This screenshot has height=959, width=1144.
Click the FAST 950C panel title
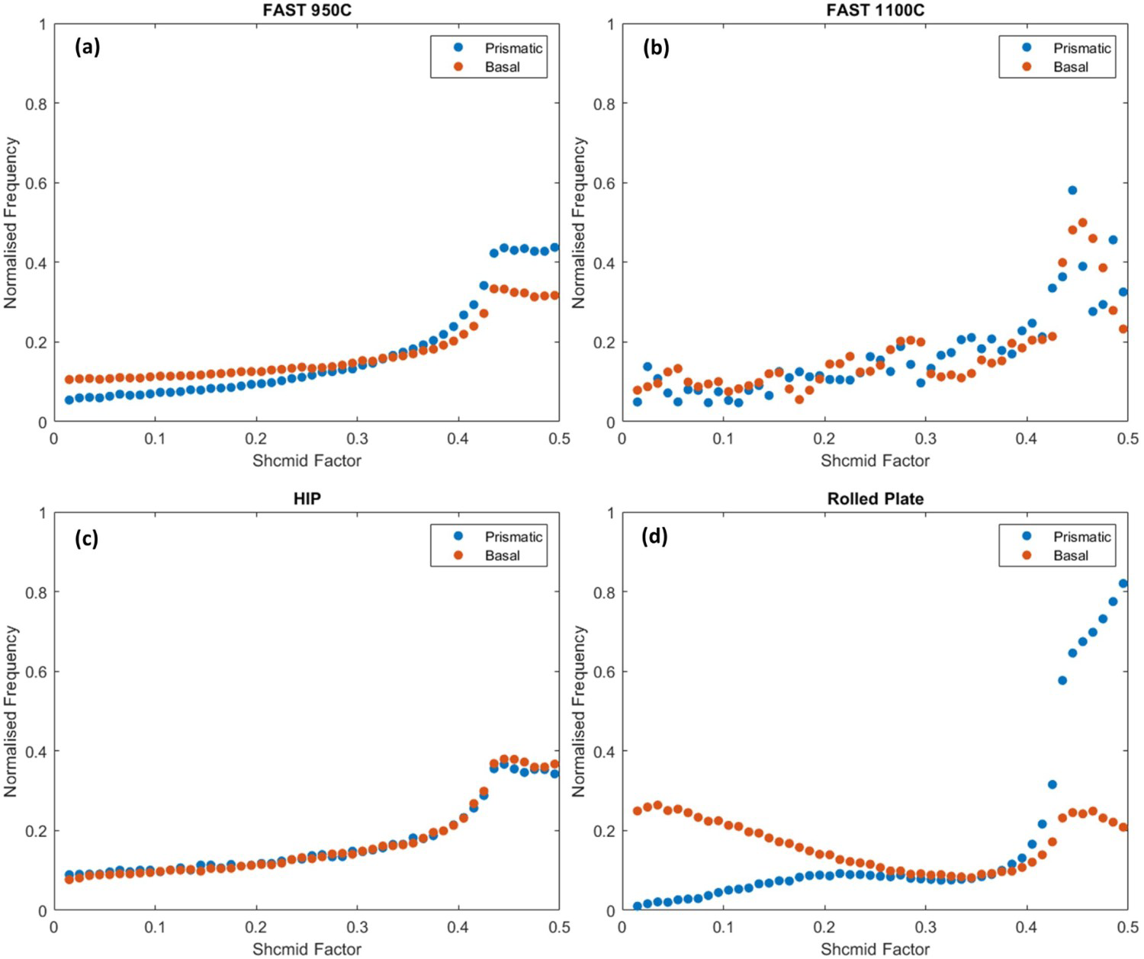coord(307,9)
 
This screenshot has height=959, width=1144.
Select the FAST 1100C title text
coord(875,9)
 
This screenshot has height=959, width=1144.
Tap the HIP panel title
coord(307,499)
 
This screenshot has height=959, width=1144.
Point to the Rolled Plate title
coord(875,499)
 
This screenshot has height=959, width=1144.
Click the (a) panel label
coord(88,48)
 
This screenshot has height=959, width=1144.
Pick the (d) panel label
coord(654,537)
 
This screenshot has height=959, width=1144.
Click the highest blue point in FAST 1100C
coord(1072,190)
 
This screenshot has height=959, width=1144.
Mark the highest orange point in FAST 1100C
coord(1082,223)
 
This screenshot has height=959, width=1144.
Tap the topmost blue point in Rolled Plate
coord(1123,584)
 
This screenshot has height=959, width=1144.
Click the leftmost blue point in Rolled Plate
coord(637,906)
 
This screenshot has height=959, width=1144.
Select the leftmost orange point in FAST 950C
coord(69,380)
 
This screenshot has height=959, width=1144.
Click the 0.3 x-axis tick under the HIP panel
coord(357,928)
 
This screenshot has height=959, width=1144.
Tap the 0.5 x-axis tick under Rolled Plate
coord(1127,928)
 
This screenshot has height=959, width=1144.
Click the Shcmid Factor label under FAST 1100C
coord(875,461)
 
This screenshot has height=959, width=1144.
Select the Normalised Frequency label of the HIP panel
coord(11,711)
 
